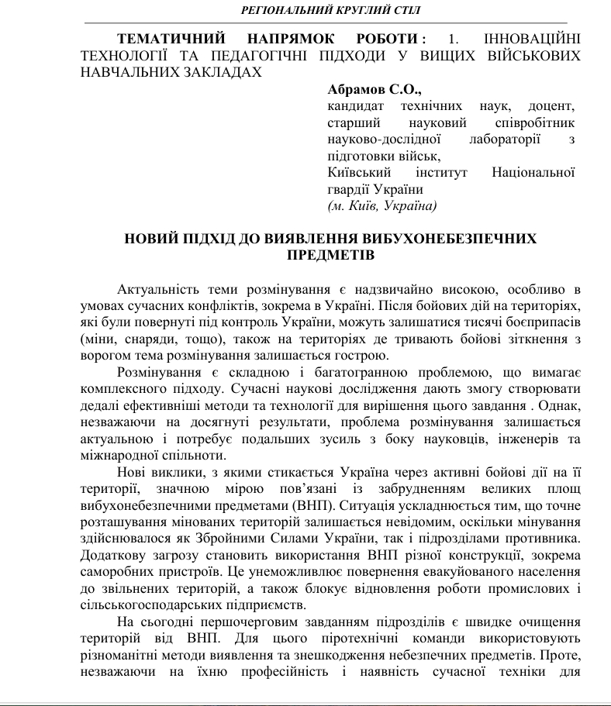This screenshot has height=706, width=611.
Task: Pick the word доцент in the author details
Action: [549, 105]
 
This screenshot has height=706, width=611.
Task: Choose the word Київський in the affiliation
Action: [358, 173]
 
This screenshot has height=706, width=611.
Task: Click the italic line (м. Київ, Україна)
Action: [382, 205]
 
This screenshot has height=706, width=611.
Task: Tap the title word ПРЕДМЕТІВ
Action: [331, 255]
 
